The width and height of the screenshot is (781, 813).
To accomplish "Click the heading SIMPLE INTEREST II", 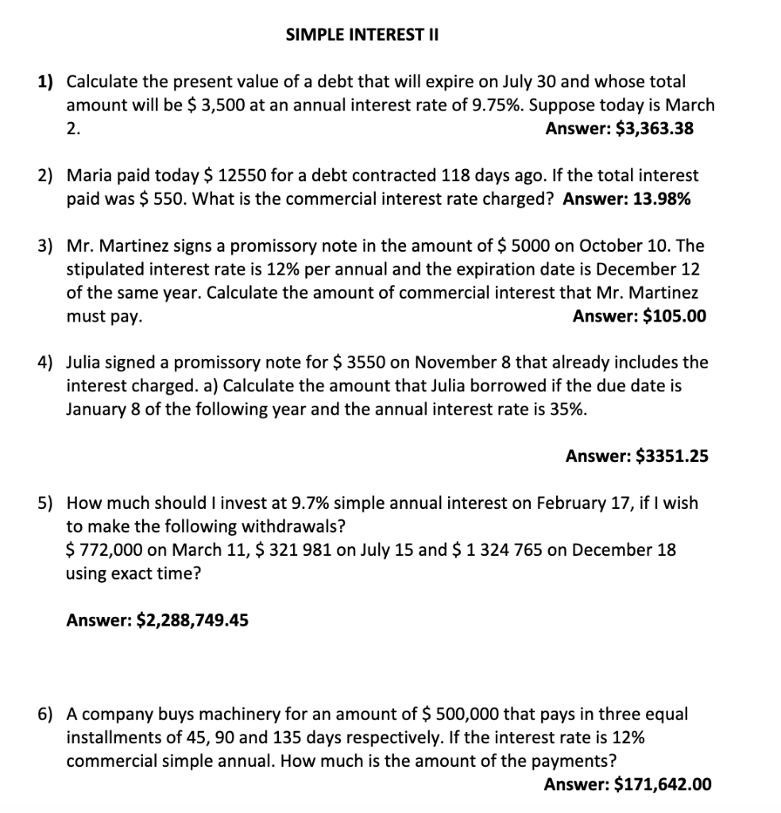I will coord(362,35).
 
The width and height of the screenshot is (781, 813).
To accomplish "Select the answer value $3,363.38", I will coord(655,128).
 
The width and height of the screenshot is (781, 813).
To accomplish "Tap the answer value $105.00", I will coord(674,316).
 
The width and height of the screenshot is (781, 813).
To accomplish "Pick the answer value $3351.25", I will coord(673,456).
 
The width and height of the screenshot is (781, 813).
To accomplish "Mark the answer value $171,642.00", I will coord(663,784).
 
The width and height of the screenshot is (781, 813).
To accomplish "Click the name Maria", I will coord(87,175).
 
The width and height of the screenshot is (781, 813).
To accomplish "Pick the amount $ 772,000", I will coord(102,549).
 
